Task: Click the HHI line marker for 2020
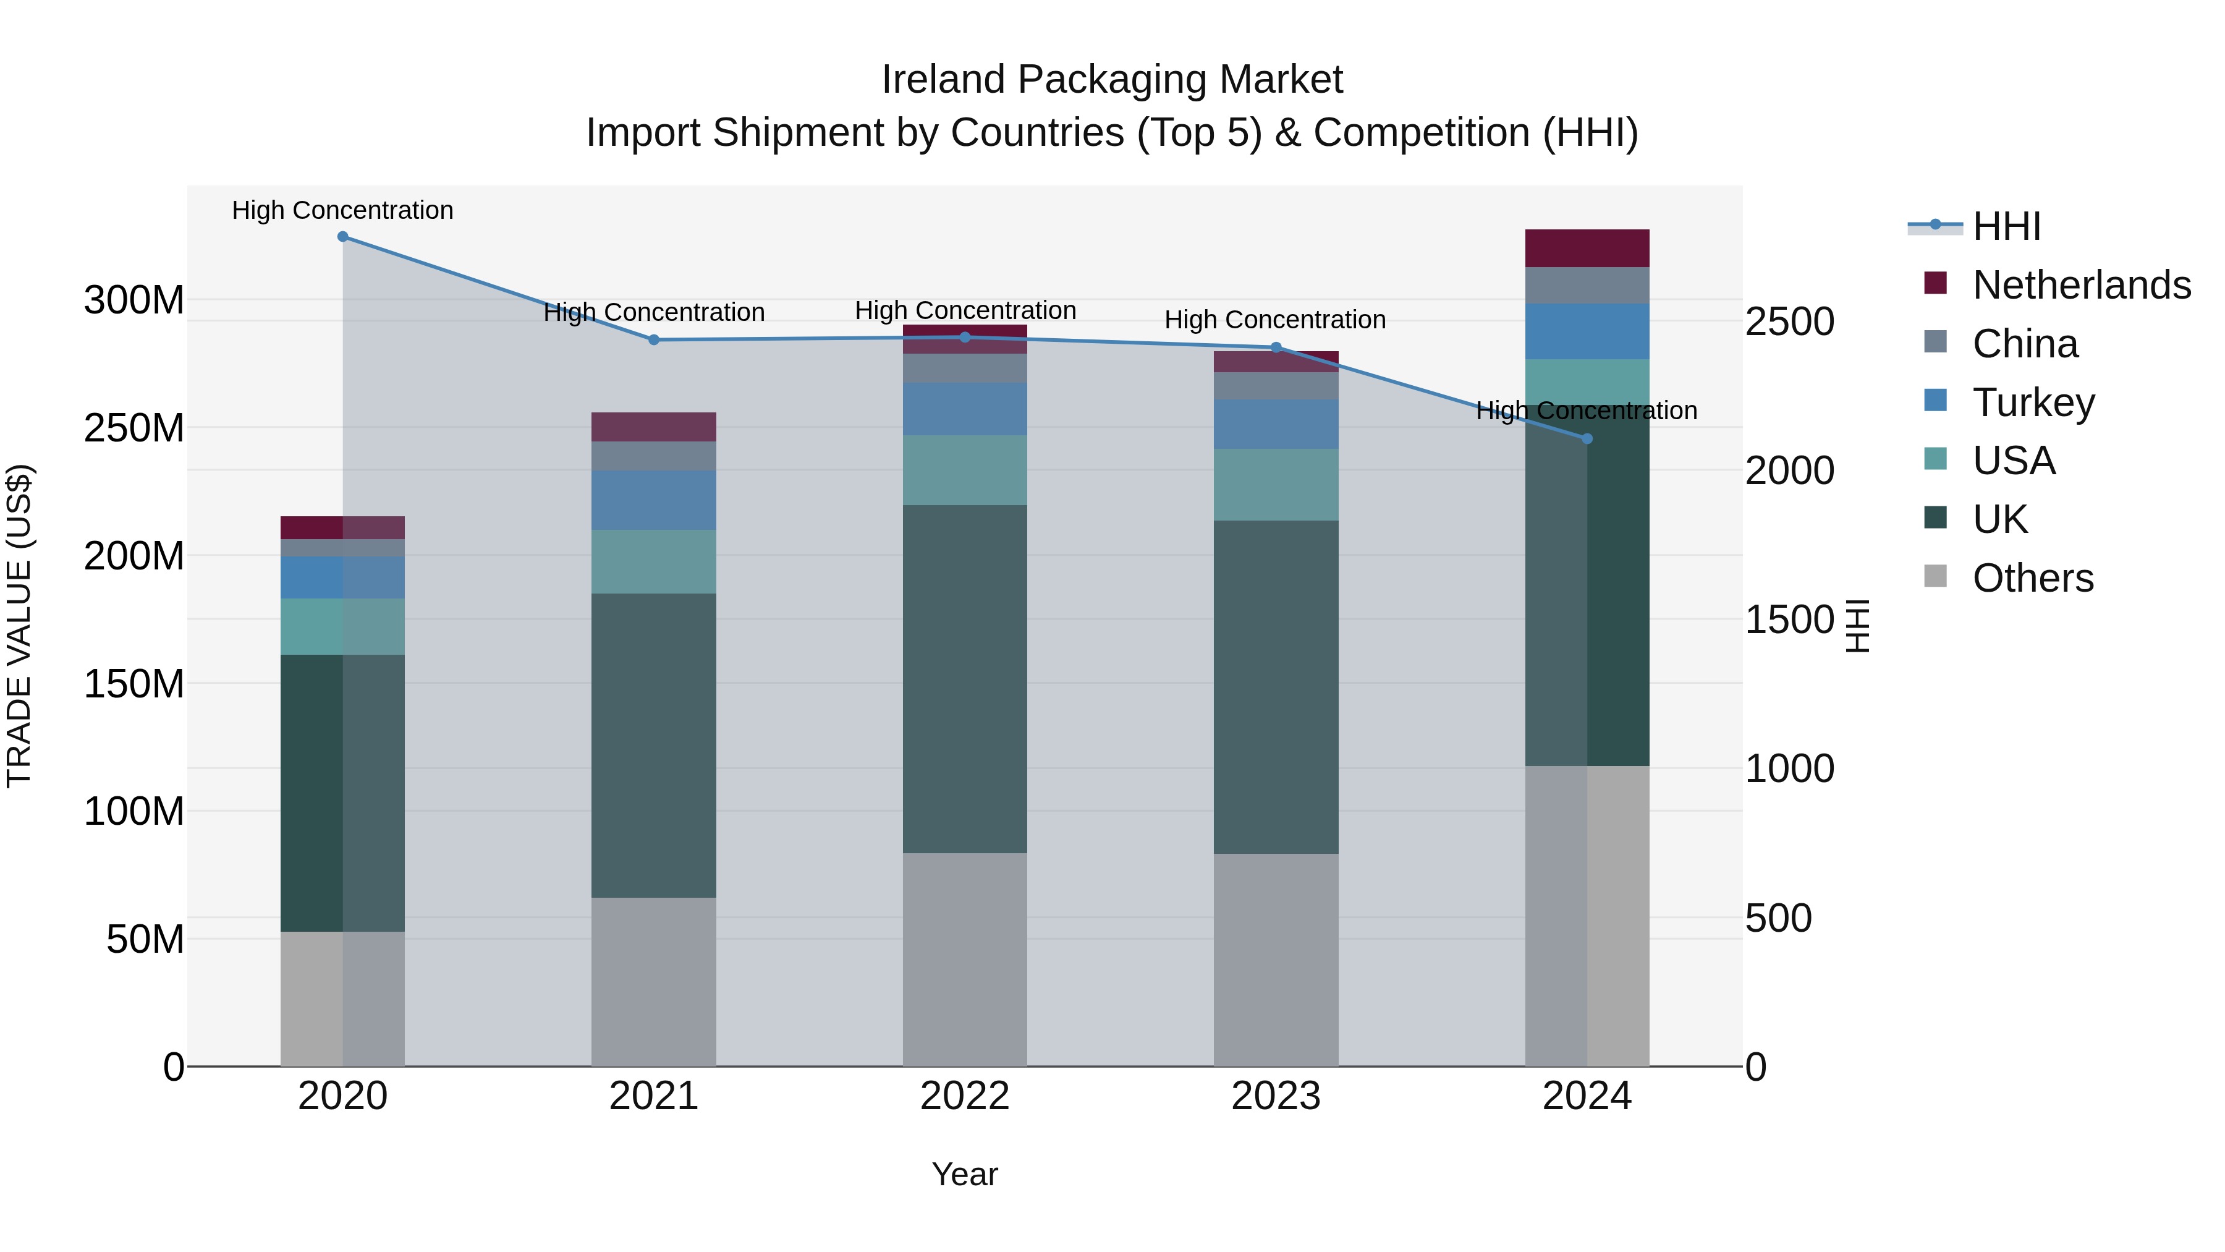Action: (x=343, y=237)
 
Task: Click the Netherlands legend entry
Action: (x=2081, y=285)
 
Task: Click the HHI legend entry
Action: (x=2006, y=226)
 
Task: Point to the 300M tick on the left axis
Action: (x=134, y=300)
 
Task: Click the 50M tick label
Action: (x=145, y=939)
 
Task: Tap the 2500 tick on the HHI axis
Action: (x=1789, y=322)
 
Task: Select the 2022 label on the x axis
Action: (x=965, y=1096)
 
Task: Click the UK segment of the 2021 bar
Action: (x=654, y=745)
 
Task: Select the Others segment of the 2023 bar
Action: (x=1276, y=959)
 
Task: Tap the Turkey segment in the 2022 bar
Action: (x=965, y=409)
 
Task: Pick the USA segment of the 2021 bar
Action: (x=654, y=561)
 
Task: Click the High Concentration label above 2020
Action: (x=343, y=211)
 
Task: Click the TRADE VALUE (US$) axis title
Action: (x=19, y=626)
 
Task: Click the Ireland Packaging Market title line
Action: (x=1112, y=80)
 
